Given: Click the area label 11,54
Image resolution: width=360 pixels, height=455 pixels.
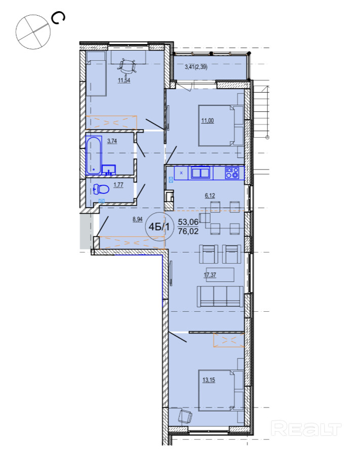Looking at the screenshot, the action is pos(124,80).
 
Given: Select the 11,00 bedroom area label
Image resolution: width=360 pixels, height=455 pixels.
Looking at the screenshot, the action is pos(208,120).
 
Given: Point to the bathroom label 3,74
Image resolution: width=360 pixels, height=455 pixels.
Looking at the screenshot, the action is pos(112,141).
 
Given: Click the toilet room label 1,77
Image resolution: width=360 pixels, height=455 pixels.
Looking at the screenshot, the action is pos(118,185).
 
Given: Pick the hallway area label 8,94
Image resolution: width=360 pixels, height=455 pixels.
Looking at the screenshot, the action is pos(138,219).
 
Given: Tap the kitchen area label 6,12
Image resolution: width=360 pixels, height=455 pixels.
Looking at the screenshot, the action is pos(210,195).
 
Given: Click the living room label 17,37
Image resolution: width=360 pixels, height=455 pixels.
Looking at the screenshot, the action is pos(210,274).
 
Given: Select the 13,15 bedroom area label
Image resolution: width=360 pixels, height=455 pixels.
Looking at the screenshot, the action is pos(209,380).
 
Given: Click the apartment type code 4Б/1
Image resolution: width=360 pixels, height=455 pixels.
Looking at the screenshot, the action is pos(159,227).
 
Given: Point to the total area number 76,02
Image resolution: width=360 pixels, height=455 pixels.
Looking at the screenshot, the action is pos(188,231).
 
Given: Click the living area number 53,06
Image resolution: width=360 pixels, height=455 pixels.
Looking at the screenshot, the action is pos(188,222).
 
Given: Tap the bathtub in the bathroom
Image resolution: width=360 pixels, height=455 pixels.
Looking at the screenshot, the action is pos(94,155).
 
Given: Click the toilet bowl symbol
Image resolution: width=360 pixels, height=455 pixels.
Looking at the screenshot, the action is pos(101,189).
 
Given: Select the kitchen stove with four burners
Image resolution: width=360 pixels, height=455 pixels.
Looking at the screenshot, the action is pos(232,173).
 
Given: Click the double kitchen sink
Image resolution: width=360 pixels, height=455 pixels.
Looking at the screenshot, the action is pos(201,173).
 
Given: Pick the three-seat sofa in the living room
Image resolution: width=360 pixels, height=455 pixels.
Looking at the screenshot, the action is pos(220,296).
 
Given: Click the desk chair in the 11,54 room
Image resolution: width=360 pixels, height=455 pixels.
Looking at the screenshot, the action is pos(127,67).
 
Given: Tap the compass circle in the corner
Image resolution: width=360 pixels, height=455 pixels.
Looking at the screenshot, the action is pos(33,32).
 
